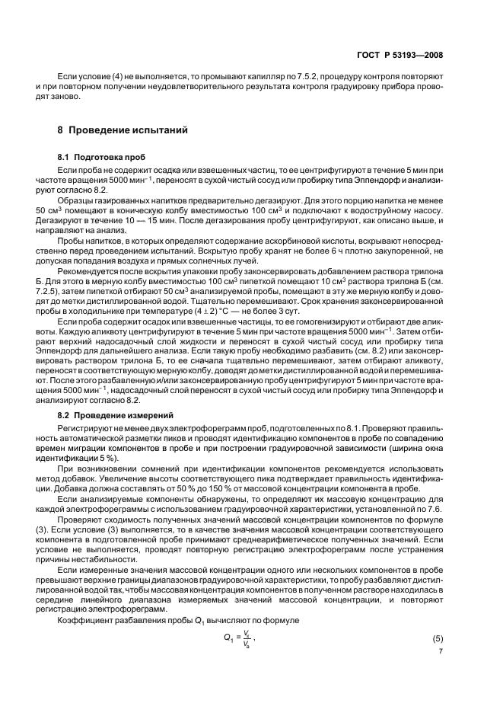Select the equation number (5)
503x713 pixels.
438,638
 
